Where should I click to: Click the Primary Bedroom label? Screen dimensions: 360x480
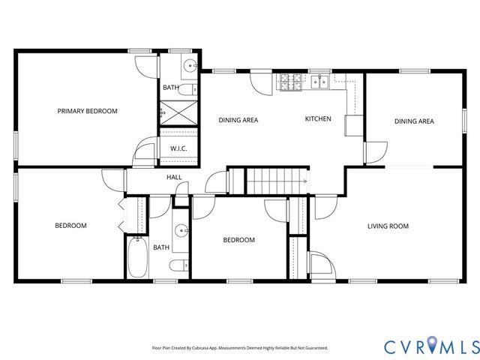pos(88,111)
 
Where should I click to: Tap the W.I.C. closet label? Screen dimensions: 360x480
pos(178,148)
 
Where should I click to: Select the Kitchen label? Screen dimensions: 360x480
pos(318,119)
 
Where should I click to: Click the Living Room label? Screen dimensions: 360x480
pos(388,226)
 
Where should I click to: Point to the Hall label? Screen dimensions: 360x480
pos(174,178)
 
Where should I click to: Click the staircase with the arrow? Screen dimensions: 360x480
pos(278,181)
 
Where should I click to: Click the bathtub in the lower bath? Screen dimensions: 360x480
pos(137,257)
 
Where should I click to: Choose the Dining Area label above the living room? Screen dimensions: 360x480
pos(414,121)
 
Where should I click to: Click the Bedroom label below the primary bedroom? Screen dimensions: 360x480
pos(70,226)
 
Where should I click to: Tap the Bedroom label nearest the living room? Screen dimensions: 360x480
pos(238,240)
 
